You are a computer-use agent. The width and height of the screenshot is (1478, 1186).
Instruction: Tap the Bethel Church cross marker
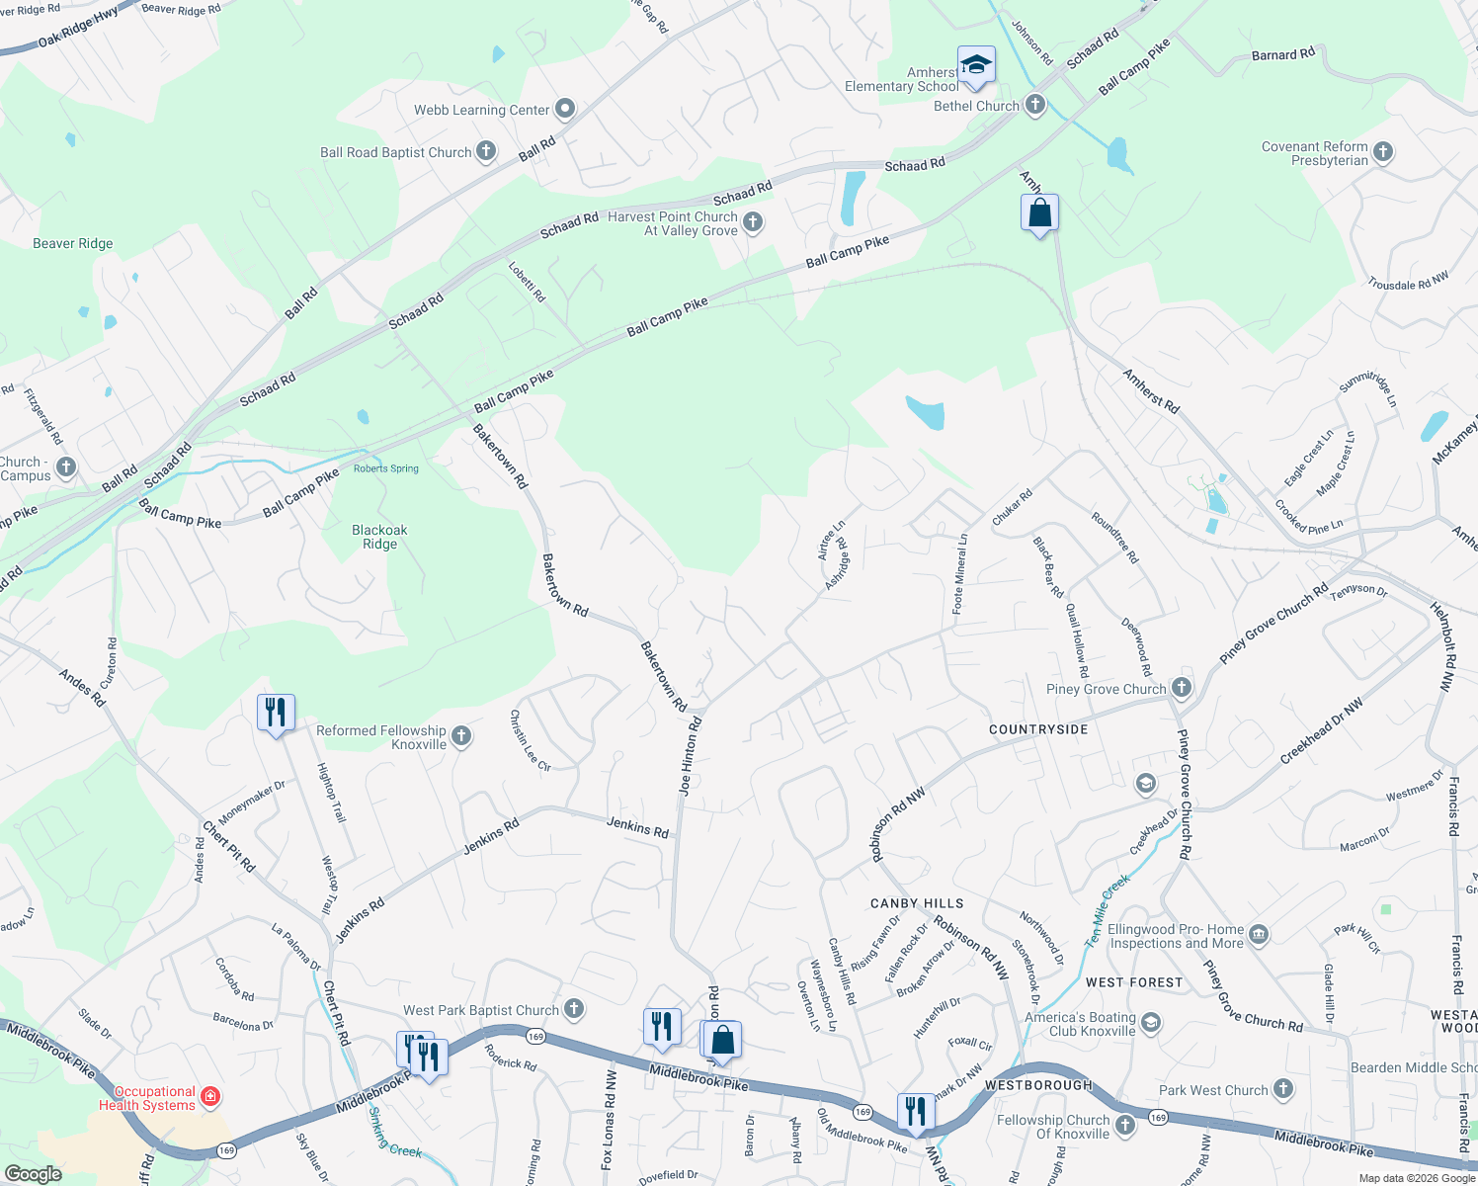point(1034,105)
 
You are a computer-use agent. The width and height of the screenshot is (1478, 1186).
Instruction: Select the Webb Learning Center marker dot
point(564,109)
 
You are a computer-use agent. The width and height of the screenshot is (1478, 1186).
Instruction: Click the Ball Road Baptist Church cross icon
point(485,151)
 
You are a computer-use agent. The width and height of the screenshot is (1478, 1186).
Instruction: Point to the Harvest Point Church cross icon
point(753,222)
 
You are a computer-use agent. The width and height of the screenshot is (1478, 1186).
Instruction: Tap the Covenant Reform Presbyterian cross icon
point(1383,152)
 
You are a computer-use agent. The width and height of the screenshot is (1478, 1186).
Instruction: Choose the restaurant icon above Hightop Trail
point(276,712)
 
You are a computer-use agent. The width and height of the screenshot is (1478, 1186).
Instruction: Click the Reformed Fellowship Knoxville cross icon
point(461,735)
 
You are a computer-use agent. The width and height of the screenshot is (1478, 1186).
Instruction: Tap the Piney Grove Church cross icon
point(1182,688)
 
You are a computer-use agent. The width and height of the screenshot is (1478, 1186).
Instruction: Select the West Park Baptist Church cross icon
point(574,1009)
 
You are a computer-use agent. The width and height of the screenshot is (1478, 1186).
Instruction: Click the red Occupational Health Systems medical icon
point(209,1096)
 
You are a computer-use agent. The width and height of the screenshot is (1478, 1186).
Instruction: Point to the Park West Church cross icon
point(1282,1089)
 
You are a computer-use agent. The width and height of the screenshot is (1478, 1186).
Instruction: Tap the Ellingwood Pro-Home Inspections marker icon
point(1258,934)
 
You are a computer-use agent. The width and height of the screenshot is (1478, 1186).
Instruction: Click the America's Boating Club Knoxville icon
point(1150,1023)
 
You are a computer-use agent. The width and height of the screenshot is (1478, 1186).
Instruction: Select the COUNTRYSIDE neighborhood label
point(1038,729)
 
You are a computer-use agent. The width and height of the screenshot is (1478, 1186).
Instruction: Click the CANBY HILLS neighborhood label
point(917,903)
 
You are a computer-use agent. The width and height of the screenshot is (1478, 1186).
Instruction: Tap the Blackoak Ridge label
point(379,537)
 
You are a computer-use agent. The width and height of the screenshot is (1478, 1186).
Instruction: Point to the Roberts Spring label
point(386,468)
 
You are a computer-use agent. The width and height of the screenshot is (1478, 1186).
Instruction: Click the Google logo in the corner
point(33,1173)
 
